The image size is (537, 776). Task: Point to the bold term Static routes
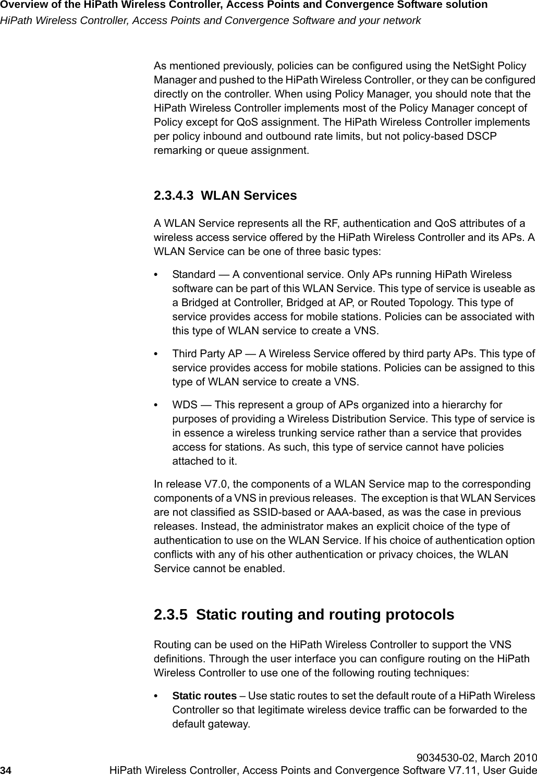204,696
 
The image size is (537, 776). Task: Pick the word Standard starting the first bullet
193,275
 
